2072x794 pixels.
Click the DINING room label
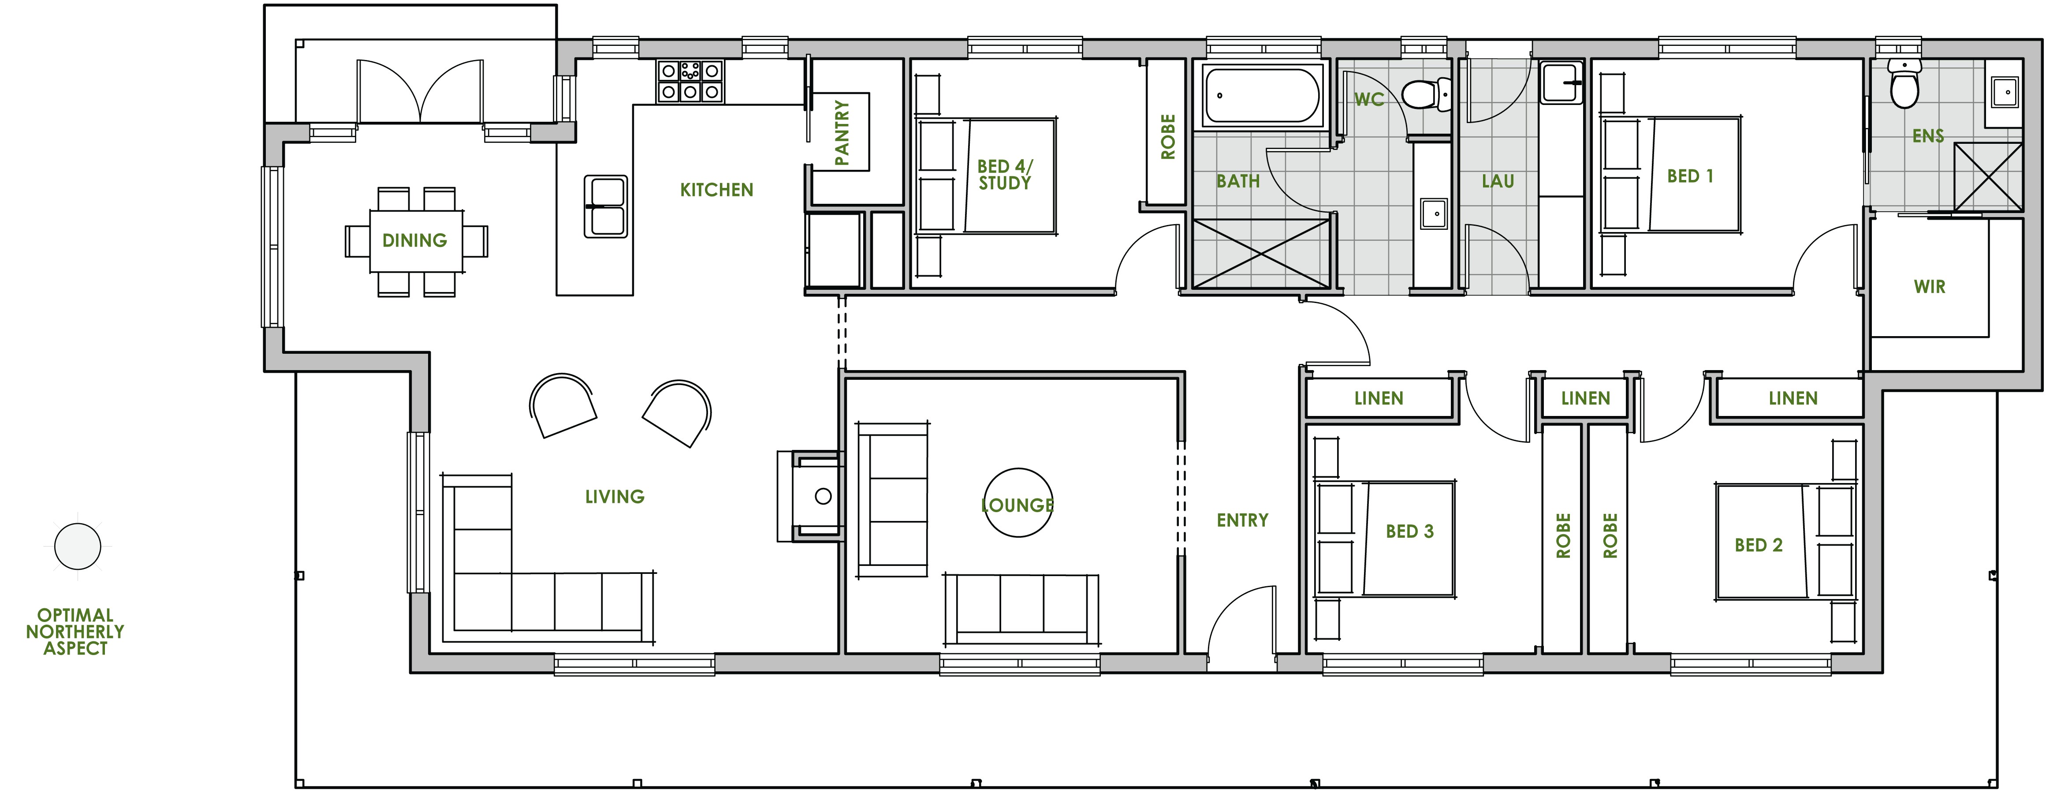click(414, 240)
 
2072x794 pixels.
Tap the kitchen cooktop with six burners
click(690, 81)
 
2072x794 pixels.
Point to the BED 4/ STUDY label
click(1005, 175)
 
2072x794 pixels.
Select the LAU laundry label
click(1498, 182)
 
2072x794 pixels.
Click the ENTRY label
click(1242, 521)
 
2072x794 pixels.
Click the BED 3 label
click(1409, 532)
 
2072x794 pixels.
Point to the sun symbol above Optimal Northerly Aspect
click(77, 546)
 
